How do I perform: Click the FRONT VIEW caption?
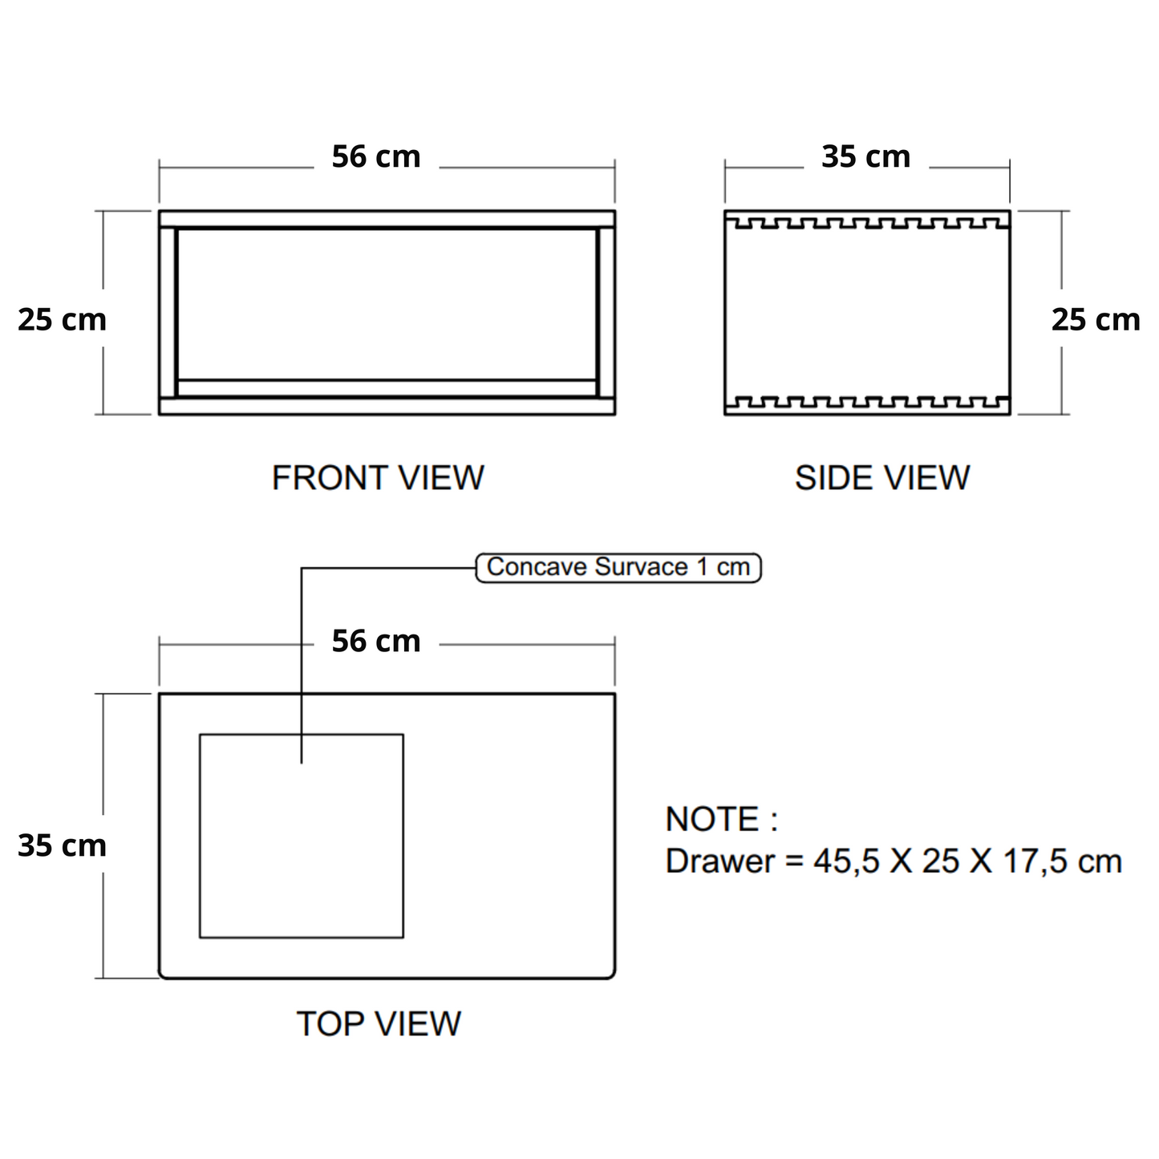[x=378, y=478]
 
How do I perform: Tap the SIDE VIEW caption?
[x=882, y=478]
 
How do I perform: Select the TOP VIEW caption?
[x=379, y=1024]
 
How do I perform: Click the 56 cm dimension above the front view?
[x=376, y=156]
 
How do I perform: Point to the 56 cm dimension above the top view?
[x=376, y=642]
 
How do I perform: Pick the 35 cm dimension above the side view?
[x=866, y=156]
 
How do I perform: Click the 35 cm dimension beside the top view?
[x=62, y=845]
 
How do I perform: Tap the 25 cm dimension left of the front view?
[x=62, y=319]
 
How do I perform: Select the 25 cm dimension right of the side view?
[x=1096, y=319]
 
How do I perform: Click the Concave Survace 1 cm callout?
[x=618, y=567]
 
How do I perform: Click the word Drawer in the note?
[x=720, y=861]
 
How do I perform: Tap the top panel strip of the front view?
[x=387, y=219]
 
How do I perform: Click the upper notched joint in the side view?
[x=866, y=221]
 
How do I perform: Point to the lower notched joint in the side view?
[x=866, y=403]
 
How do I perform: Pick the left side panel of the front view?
[x=167, y=313]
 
